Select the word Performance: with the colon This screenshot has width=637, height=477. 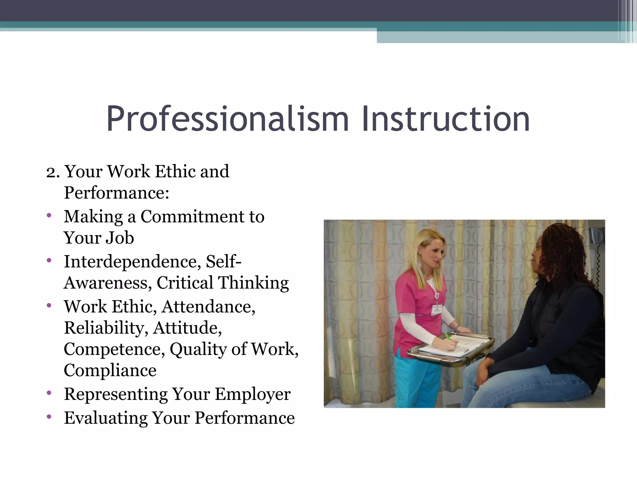[117, 193]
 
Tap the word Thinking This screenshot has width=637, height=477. [253, 283]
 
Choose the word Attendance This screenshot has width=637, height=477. [208, 307]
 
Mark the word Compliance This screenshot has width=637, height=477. [110, 370]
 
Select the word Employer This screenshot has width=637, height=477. [253, 394]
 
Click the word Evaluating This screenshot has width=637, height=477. [106, 418]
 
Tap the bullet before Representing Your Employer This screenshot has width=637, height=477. [49, 393]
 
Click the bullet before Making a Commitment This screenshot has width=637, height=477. [49, 215]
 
